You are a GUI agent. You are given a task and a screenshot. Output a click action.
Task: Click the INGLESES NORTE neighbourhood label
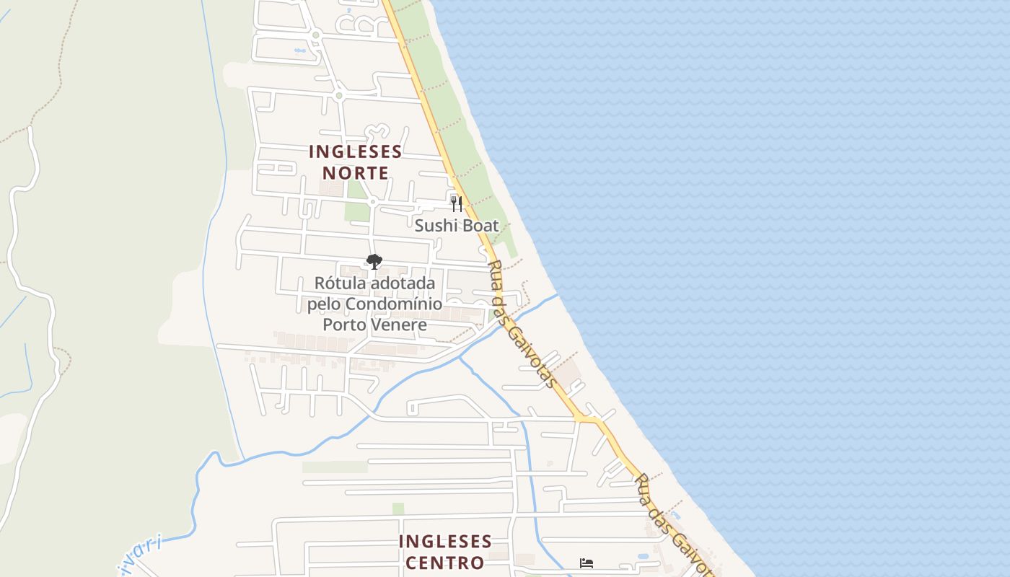355,162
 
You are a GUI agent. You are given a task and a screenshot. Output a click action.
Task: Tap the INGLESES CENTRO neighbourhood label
444,552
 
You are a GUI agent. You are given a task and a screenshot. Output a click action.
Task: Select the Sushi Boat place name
456,226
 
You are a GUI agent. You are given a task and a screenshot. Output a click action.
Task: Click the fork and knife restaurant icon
456,203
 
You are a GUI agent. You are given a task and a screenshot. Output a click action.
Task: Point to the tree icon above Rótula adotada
374,262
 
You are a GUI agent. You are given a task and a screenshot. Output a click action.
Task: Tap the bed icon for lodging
586,563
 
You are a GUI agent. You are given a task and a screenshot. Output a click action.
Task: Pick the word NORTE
355,173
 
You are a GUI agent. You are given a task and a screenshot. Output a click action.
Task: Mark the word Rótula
341,283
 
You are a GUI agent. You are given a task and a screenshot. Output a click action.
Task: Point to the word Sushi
436,226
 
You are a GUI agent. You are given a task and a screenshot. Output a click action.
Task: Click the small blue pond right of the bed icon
643,557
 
